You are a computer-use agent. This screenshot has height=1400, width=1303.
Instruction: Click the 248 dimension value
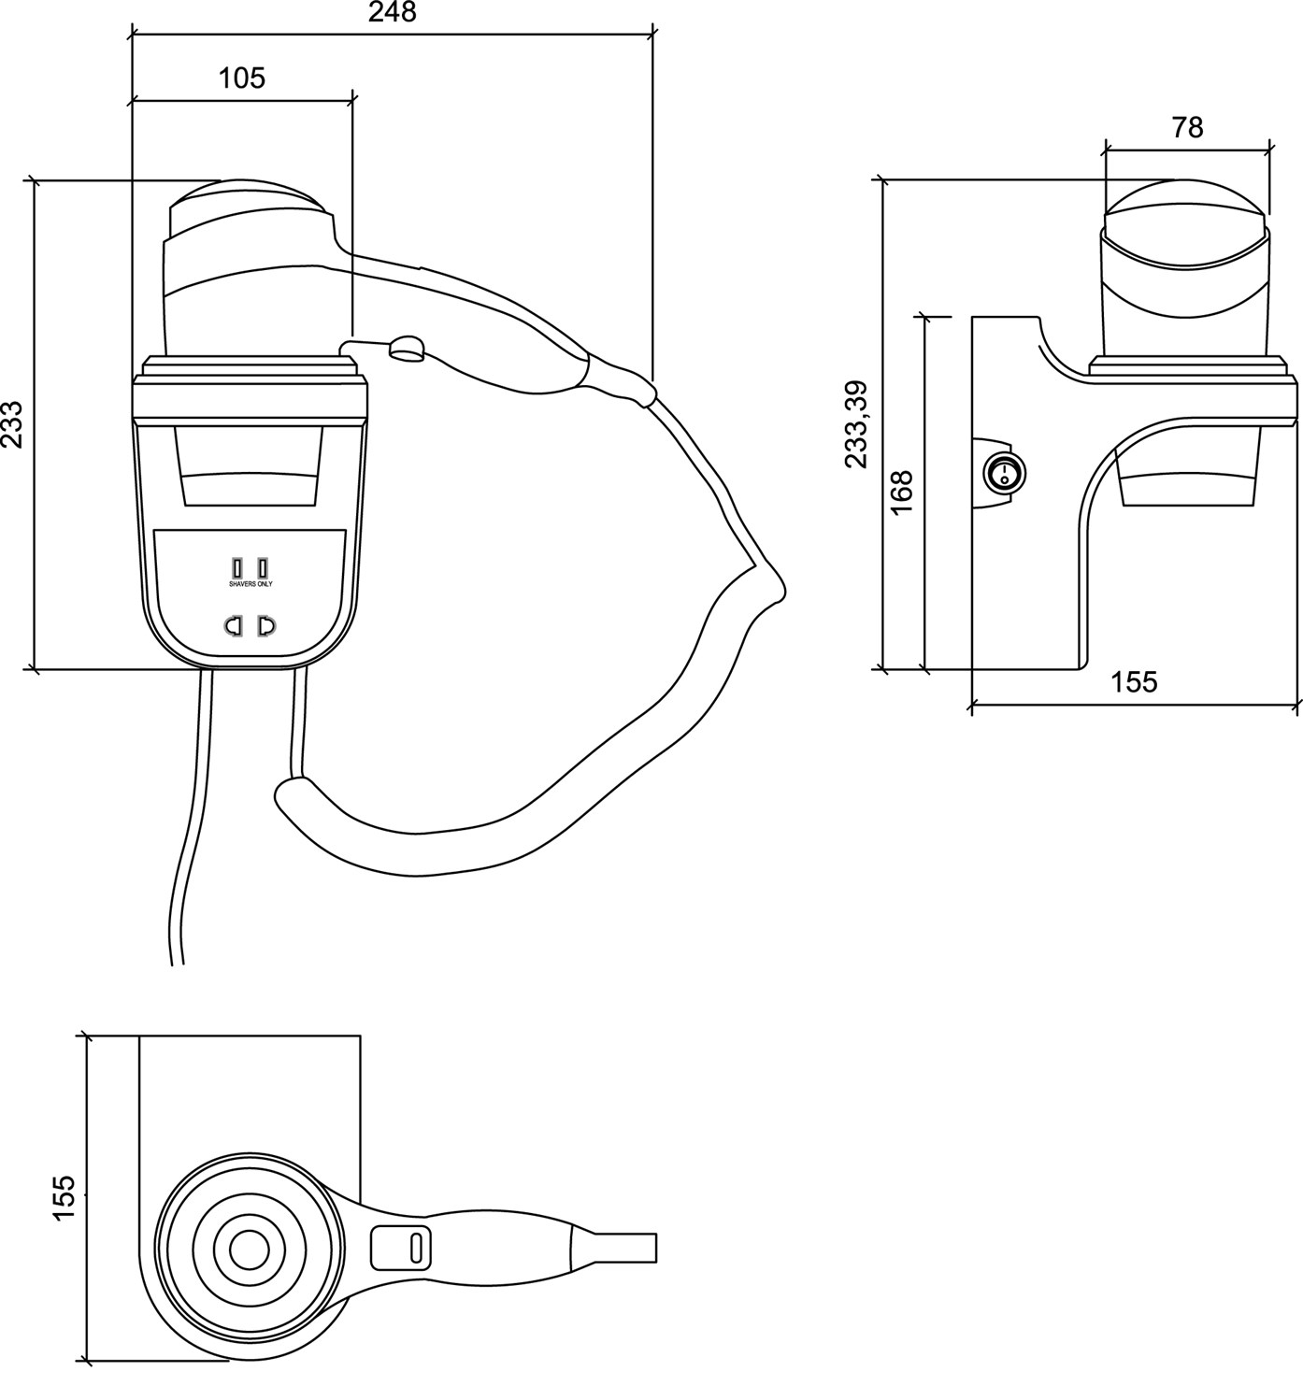(x=393, y=12)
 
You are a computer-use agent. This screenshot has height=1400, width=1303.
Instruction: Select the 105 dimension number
(x=242, y=78)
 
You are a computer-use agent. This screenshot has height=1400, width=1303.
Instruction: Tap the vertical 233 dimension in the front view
(x=13, y=424)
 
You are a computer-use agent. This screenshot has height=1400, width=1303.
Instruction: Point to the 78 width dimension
(x=1187, y=127)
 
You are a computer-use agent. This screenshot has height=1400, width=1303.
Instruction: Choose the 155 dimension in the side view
(x=1134, y=682)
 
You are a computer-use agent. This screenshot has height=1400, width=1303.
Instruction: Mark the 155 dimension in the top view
(x=64, y=1197)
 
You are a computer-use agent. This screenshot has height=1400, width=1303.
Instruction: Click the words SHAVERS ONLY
(x=251, y=583)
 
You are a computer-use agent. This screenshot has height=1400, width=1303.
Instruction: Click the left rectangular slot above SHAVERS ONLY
(x=237, y=567)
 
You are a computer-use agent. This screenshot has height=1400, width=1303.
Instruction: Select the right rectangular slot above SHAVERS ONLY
(x=264, y=567)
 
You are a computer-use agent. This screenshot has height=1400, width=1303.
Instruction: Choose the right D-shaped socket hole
(x=267, y=626)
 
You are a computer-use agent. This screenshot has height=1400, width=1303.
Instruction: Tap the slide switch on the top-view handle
(x=401, y=1247)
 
